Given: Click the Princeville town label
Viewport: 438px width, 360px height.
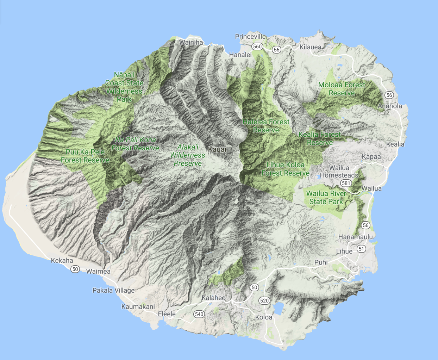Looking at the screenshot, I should (250, 37).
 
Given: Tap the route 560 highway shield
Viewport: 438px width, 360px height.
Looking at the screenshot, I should (257, 46).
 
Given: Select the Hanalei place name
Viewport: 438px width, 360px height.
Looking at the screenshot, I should (240, 55).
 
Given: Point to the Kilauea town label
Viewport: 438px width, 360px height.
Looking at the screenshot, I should (310, 47).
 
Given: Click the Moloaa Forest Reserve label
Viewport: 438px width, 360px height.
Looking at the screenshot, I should (342, 89).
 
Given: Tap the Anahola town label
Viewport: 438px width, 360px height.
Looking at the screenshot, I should (390, 106).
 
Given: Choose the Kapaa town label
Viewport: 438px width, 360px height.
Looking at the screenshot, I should (371, 157).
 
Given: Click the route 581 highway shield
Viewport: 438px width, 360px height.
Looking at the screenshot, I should (346, 183).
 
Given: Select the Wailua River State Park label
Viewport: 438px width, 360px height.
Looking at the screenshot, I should (326, 198).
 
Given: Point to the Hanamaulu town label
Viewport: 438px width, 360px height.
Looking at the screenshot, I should (355, 237).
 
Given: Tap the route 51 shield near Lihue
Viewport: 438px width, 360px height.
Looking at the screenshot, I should (361, 249).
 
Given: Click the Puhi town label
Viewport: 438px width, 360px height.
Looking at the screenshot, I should (321, 262).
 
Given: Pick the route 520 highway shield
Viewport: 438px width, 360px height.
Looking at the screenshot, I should (264, 300).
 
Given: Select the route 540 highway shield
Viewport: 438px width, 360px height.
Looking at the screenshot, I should (199, 314).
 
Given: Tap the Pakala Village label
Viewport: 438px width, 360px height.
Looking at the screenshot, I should (113, 291).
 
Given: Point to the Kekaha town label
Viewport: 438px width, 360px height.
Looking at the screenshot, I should (62, 261).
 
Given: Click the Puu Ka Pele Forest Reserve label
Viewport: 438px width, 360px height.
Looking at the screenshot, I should (85, 156).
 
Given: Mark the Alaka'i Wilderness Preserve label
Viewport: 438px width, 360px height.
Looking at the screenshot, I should (188, 155).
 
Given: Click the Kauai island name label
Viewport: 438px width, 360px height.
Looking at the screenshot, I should (217, 149).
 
